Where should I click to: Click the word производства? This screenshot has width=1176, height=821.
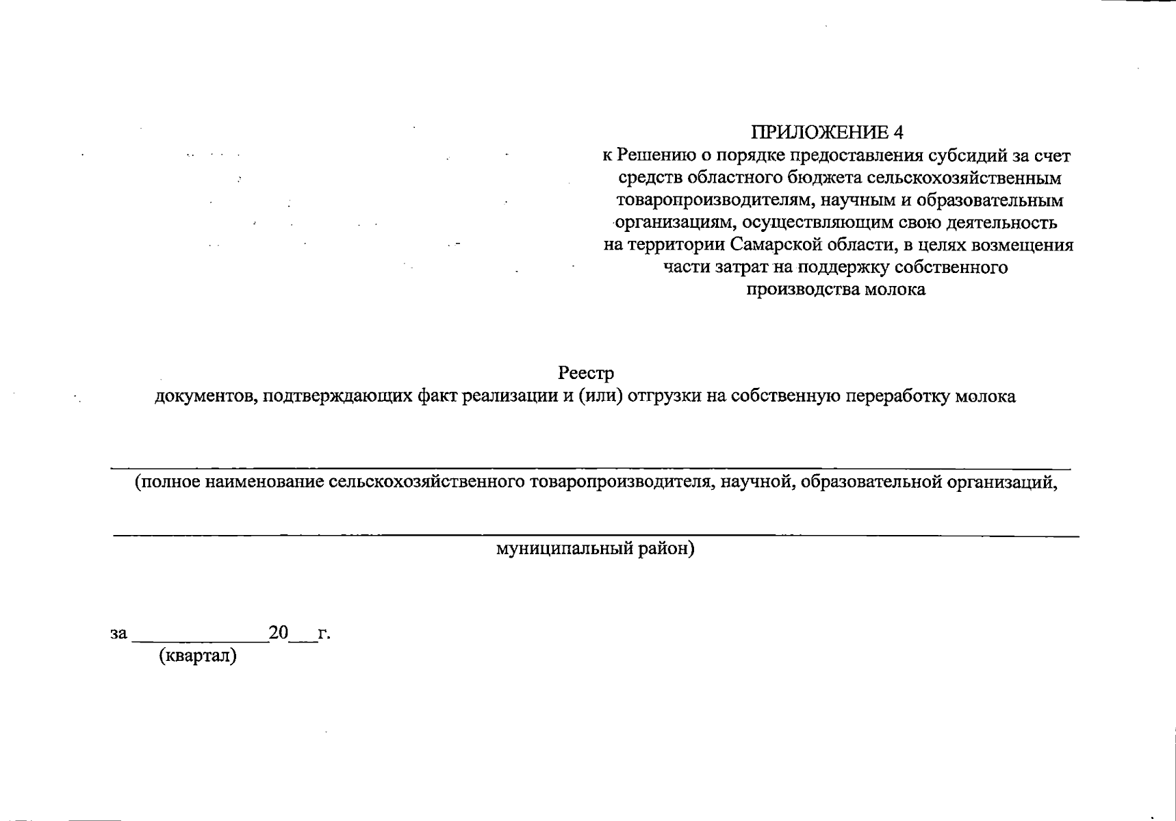click(x=802, y=289)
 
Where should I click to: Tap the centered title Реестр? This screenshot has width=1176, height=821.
click(x=586, y=374)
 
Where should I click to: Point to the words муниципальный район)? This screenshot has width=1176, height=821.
click(x=595, y=549)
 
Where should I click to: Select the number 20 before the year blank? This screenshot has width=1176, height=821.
click(x=279, y=633)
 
